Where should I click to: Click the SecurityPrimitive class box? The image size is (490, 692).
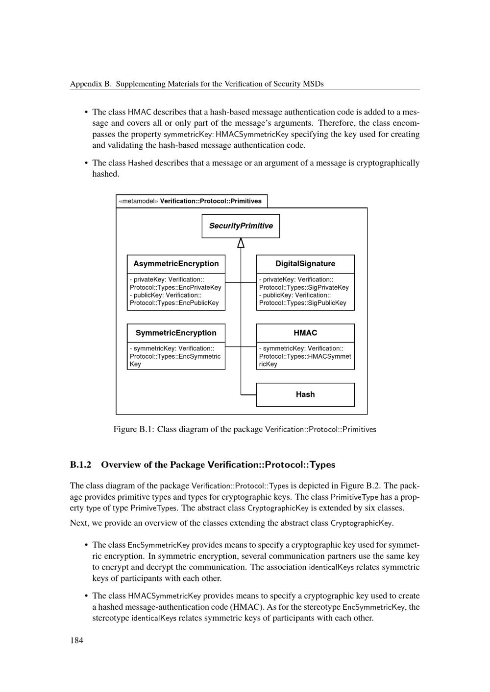pos(241,226)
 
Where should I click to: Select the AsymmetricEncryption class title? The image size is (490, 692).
pos(176,264)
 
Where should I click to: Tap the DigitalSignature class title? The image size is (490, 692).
pos(305,264)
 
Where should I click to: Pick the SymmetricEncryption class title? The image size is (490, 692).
pos(176,333)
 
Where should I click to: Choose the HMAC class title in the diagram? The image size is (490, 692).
pos(305,333)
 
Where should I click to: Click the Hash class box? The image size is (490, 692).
pos(305,394)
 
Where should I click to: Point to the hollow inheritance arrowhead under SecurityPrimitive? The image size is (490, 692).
pos(241,243)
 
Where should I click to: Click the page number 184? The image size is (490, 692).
pos(76,640)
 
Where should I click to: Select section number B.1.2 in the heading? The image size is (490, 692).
pos(81,464)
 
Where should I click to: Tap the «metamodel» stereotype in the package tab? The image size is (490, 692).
pos(138,201)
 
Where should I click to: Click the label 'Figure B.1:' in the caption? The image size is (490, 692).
pos(134,429)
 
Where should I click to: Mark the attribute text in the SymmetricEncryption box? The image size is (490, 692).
pos(175,356)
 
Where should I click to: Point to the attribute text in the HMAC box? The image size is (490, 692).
pos(305,356)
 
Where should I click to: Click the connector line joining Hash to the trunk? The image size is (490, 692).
pos(248,394)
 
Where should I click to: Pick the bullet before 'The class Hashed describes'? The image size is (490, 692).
pos(86,163)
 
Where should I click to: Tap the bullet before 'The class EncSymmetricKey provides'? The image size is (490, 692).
pos(86,545)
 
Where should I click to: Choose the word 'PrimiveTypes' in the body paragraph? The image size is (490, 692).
pos(153,508)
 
